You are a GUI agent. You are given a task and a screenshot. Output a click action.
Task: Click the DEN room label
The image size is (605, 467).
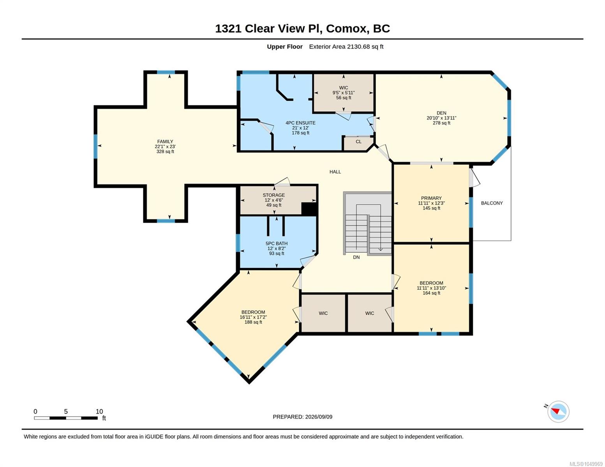(441, 113)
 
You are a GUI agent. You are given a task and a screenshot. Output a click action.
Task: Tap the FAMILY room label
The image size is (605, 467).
(165, 142)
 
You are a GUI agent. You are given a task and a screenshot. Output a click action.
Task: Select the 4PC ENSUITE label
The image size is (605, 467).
(300, 123)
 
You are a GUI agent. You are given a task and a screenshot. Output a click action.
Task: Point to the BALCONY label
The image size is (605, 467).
(492, 203)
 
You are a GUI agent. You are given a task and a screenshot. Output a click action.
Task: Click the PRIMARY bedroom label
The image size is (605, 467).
(431, 198)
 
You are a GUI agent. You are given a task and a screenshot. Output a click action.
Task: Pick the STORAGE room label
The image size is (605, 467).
(274, 195)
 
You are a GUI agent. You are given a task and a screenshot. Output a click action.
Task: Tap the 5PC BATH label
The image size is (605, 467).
(277, 243)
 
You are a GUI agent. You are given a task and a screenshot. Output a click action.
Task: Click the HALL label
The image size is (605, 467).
(335, 172)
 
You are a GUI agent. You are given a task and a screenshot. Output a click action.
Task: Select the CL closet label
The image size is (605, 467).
(359, 142)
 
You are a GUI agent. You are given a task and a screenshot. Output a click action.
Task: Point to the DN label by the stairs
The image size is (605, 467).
(356, 257)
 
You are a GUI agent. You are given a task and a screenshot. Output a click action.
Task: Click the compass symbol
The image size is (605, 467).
(558, 412)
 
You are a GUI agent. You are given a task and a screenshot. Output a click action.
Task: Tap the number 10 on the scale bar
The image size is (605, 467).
(99, 411)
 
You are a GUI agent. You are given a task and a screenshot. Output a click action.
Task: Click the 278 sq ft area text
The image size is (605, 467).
(441, 123)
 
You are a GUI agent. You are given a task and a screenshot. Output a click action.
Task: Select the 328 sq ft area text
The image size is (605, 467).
(165, 152)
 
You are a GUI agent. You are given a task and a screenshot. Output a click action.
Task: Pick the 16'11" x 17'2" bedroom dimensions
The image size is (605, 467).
(253, 317)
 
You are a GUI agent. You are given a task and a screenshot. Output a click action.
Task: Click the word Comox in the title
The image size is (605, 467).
(346, 29)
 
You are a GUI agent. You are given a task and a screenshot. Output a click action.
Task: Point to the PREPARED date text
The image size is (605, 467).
(303, 417)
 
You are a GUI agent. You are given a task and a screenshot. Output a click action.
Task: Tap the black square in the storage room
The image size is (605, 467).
(309, 209)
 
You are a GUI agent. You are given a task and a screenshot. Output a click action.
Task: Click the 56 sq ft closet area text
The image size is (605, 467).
(344, 98)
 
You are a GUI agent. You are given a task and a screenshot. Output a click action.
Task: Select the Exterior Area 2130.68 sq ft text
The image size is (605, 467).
(346, 47)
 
